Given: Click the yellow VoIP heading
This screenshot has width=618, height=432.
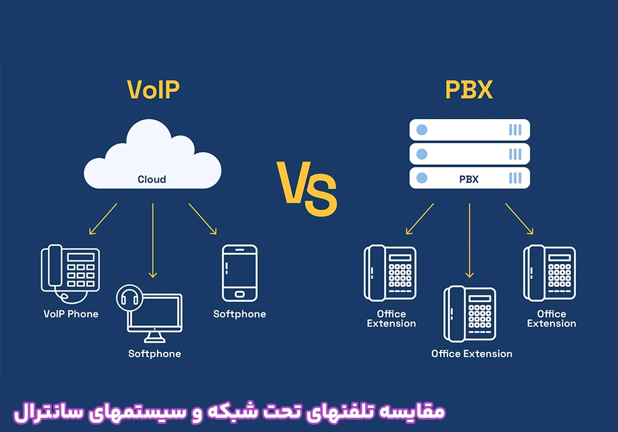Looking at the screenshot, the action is point(153,89).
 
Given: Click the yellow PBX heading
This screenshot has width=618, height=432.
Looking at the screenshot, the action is point(468,89).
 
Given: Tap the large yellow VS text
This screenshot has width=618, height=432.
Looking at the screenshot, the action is point(307,188).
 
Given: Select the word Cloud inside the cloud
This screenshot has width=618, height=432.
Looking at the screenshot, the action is point(152,180).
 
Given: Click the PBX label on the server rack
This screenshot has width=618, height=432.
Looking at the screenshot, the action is point(468,180).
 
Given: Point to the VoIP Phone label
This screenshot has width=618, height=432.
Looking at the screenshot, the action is point(71,314).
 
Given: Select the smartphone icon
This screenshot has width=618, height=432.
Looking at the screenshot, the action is point(240,273).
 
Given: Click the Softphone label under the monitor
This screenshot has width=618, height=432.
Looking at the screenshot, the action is point(154,354).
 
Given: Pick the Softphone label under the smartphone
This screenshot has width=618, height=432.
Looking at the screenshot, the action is point(240,314).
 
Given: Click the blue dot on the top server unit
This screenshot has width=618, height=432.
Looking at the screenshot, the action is point(421,130).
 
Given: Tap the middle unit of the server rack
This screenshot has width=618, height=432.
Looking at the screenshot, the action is point(470,154).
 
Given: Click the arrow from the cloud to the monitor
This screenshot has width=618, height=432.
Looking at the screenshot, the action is point(153,241).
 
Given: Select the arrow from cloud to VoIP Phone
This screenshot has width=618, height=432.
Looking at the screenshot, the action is point(103,218).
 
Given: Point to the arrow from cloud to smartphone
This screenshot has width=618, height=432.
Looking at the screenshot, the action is point(203,218).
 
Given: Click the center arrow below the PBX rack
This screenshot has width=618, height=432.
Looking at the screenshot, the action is point(470,241).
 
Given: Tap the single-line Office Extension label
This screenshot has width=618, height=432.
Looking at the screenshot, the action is point(472,354).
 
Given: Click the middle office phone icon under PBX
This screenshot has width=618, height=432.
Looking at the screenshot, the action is point(470,314).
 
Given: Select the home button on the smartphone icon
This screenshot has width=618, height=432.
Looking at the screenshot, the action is point(240,294).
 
